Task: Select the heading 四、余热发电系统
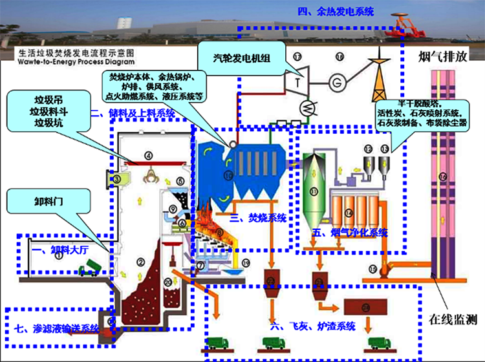click(336, 11)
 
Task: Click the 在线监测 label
click(453, 319)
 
